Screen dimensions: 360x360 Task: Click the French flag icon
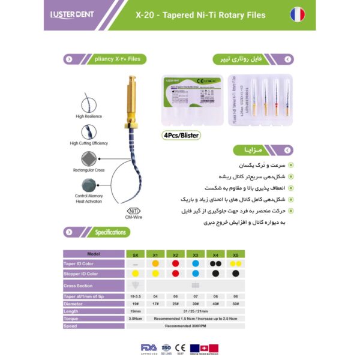(298, 14)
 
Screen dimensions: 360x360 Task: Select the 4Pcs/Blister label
(181, 135)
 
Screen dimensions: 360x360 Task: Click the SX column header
(136, 254)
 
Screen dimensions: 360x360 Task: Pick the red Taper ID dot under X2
(175, 263)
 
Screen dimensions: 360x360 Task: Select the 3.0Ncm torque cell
(136, 318)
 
